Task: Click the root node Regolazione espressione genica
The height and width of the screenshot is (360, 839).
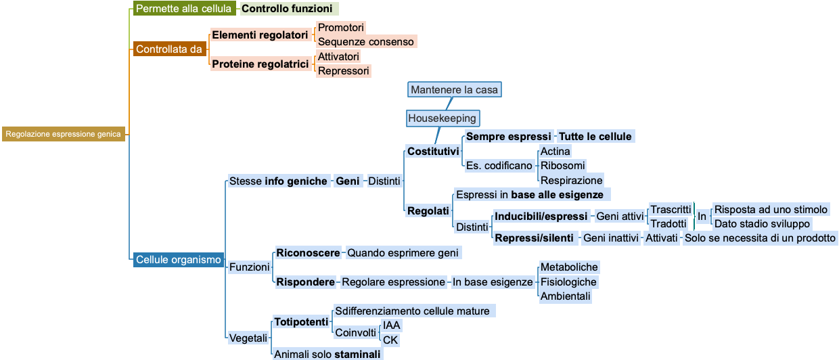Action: click(63, 134)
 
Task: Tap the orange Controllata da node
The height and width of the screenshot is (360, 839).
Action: click(169, 49)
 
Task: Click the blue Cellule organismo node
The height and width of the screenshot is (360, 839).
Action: click(178, 259)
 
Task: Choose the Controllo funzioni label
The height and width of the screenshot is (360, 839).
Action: click(288, 9)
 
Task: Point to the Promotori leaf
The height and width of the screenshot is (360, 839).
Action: click(341, 28)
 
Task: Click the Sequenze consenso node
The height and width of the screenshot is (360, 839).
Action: click(365, 42)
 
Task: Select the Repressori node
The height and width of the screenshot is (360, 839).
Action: click(344, 71)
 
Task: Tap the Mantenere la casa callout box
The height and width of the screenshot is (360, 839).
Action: click(454, 89)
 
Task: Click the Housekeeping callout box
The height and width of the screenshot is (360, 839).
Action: click(443, 118)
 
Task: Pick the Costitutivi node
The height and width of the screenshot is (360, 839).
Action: click(433, 152)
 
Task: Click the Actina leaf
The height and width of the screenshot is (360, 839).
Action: click(555, 151)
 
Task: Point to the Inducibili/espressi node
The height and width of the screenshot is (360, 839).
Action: click(541, 217)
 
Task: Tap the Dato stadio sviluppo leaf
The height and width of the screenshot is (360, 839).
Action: click(762, 224)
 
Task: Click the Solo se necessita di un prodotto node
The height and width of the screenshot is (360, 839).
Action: click(761, 238)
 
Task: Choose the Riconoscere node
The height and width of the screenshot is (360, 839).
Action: click(308, 253)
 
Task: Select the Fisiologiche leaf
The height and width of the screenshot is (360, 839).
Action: click(568, 282)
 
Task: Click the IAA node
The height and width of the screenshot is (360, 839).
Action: click(392, 325)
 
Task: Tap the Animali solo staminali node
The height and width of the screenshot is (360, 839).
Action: click(327, 355)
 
